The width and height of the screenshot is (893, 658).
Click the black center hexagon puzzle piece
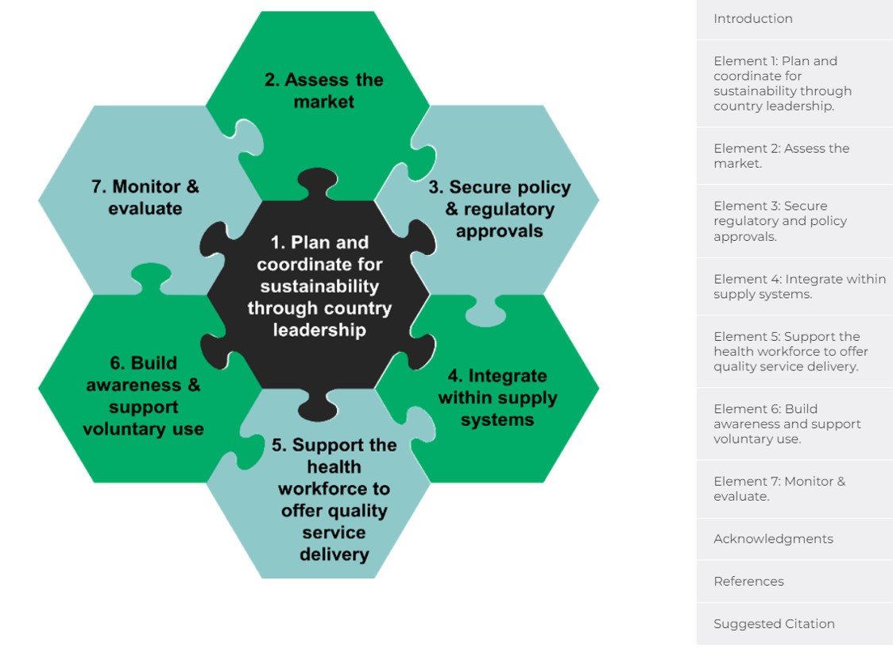[318, 295]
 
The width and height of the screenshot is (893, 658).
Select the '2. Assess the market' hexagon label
[323, 91]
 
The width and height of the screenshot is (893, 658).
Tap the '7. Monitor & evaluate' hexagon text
[145, 197]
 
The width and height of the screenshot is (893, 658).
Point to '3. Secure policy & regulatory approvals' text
[500, 208]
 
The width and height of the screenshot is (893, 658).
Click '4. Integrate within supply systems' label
[497, 397]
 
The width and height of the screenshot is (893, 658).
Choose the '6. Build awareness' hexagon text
[143, 396]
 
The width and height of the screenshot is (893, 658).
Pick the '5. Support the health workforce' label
[334, 499]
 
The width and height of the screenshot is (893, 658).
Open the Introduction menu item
[753, 19]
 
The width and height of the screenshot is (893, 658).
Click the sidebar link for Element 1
[783, 83]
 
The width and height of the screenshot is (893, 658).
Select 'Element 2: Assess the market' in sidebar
[782, 156]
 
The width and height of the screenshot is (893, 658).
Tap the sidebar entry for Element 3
[780, 221]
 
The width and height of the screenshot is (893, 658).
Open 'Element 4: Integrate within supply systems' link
[799, 286]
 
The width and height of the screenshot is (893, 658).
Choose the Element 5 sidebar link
[791, 351]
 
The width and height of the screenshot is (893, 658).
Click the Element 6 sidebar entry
[787, 424]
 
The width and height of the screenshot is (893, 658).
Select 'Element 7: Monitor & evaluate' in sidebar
[779, 488]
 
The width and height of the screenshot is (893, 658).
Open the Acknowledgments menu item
[773, 539]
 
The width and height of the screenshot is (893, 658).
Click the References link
[748, 581]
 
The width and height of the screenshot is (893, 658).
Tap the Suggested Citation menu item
[774, 624]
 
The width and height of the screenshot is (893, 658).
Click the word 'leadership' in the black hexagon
[319, 330]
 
